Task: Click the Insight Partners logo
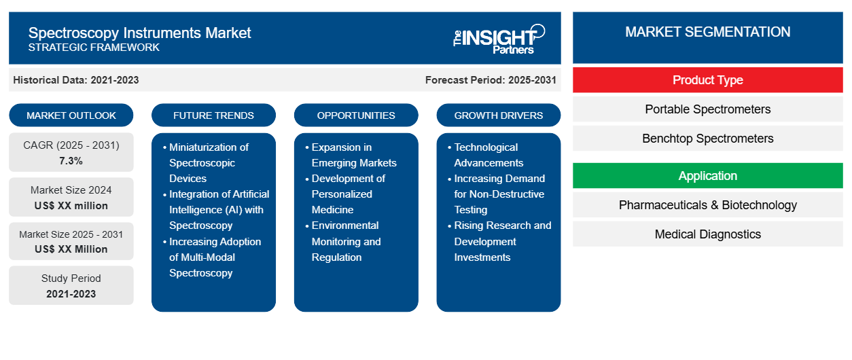click(x=499, y=39)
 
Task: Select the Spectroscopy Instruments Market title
click(x=139, y=33)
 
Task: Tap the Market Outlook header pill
click(x=71, y=115)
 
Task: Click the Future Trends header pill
click(x=213, y=115)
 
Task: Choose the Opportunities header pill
click(x=356, y=115)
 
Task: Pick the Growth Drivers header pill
click(x=499, y=115)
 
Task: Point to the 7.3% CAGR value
click(x=71, y=161)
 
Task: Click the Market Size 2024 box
click(x=71, y=198)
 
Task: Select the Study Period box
click(x=71, y=286)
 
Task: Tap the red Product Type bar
click(x=707, y=80)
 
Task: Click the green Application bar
click(x=707, y=176)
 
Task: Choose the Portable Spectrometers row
click(x=707, y=109)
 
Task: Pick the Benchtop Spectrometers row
click(x=707, y=139)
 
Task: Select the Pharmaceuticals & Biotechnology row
click(x=707, y=205)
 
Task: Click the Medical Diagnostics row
click(x=707, y=234)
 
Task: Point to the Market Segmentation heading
click(x=707, y=32)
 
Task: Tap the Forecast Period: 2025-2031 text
click(x=491, y=80)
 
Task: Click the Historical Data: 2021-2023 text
click(x=76, y=80)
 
